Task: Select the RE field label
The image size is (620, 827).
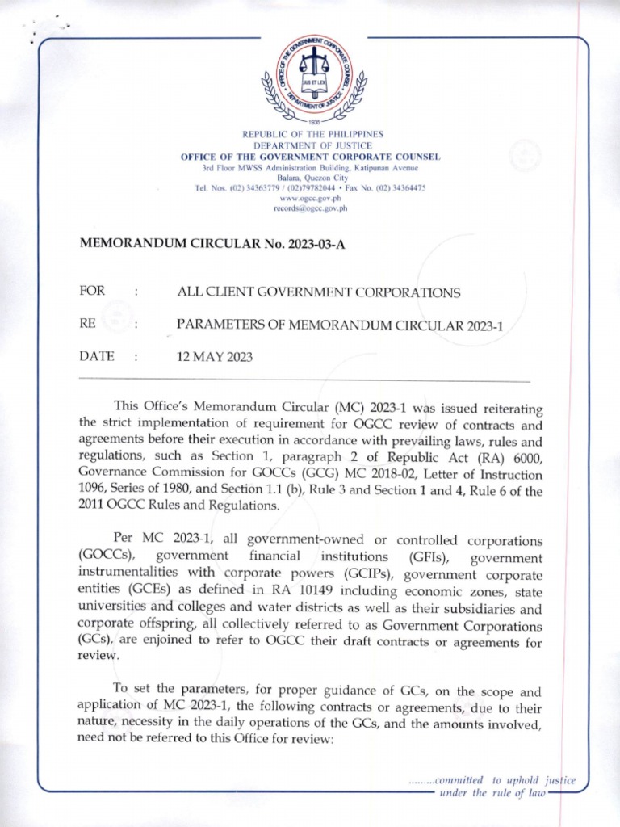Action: [88, 324]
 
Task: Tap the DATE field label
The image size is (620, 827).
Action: [96, 356]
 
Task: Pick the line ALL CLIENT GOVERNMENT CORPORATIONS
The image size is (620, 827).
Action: [319, 292]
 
